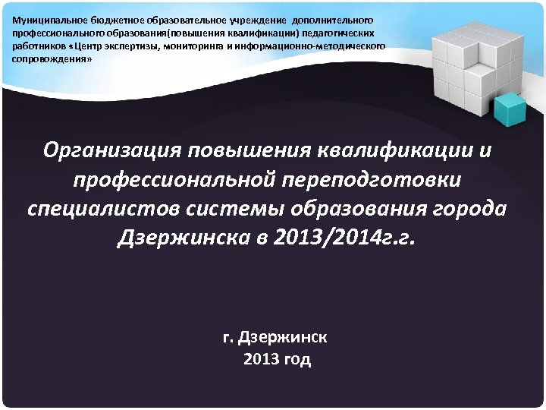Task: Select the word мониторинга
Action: click(x=194, y=46)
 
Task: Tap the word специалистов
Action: click(x=105, y=209)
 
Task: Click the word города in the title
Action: click(x=473, y=209)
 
